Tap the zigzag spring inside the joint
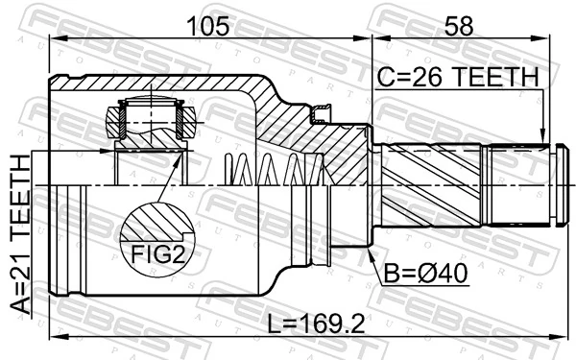[278, 172]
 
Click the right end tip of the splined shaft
[555, 182]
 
